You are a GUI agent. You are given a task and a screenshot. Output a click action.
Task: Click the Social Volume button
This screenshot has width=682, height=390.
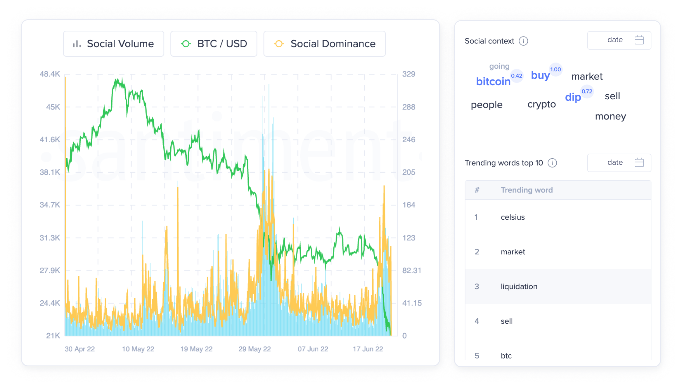click(x=113, y=44)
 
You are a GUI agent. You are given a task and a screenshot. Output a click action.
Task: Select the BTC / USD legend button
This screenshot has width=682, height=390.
click(x=214, y=44)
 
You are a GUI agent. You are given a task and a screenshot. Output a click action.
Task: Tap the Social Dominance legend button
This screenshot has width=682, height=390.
click(x=324, y=44)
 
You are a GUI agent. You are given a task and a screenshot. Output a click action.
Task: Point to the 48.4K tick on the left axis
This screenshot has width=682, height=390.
click(x=50, y=74)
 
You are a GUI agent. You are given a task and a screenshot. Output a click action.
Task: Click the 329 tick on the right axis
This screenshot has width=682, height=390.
click(x=408, y=74)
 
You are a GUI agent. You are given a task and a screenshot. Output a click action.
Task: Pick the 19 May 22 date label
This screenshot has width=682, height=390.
click(x=196, y=349)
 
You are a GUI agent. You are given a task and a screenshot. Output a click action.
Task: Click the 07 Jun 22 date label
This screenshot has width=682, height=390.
click(x=313, y=349)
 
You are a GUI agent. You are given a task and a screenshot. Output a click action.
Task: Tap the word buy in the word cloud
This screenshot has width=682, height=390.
click(x=540, y=75)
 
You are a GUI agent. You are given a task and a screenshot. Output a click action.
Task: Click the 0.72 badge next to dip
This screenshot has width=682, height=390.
click(x=587, y=91)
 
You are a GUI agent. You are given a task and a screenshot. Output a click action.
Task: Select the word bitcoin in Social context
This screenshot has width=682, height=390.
click(x=493, y=82)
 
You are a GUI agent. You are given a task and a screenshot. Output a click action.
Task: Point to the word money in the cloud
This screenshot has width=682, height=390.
click(x=610, y=116)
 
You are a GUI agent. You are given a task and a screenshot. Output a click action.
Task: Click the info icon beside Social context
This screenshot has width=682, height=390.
click(x=523, y=41)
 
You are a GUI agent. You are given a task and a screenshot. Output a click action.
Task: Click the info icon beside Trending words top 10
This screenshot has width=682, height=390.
click(x=552, y=163)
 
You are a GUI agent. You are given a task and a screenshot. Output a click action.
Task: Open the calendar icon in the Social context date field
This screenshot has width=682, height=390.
click(x=639, y=40)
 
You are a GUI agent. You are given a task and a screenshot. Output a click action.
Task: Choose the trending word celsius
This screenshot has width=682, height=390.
click(x=513, y=217)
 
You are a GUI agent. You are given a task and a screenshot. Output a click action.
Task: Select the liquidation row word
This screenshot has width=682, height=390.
click(x=519, y=286)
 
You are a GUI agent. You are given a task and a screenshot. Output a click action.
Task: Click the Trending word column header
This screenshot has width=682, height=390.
click(x=527, y=190)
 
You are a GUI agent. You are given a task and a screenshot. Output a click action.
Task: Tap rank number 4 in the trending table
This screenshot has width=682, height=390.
click(x=477, y=321)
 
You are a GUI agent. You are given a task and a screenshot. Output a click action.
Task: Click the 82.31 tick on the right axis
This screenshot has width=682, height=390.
click(x=411, y=271)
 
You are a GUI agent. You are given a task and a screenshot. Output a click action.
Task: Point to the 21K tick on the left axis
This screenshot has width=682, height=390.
click(x=53, y=336)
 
